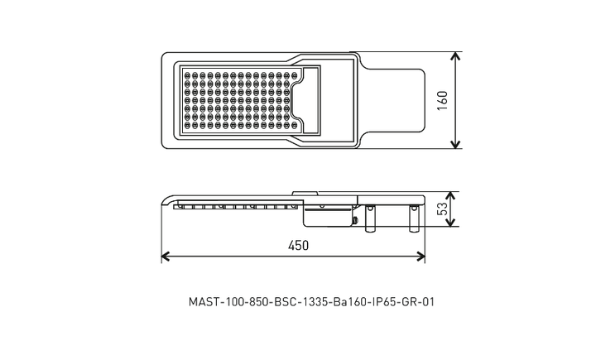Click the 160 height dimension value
tap(442, 100)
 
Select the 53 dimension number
tap(442, 209)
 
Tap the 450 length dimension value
tap(298, 246)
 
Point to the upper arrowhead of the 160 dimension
tap(455, 56)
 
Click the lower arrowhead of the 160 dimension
tap(455, 144)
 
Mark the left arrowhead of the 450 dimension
tap(166, 257)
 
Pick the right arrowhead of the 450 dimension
tap(421, 257)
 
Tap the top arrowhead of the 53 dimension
tap(450, 196)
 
